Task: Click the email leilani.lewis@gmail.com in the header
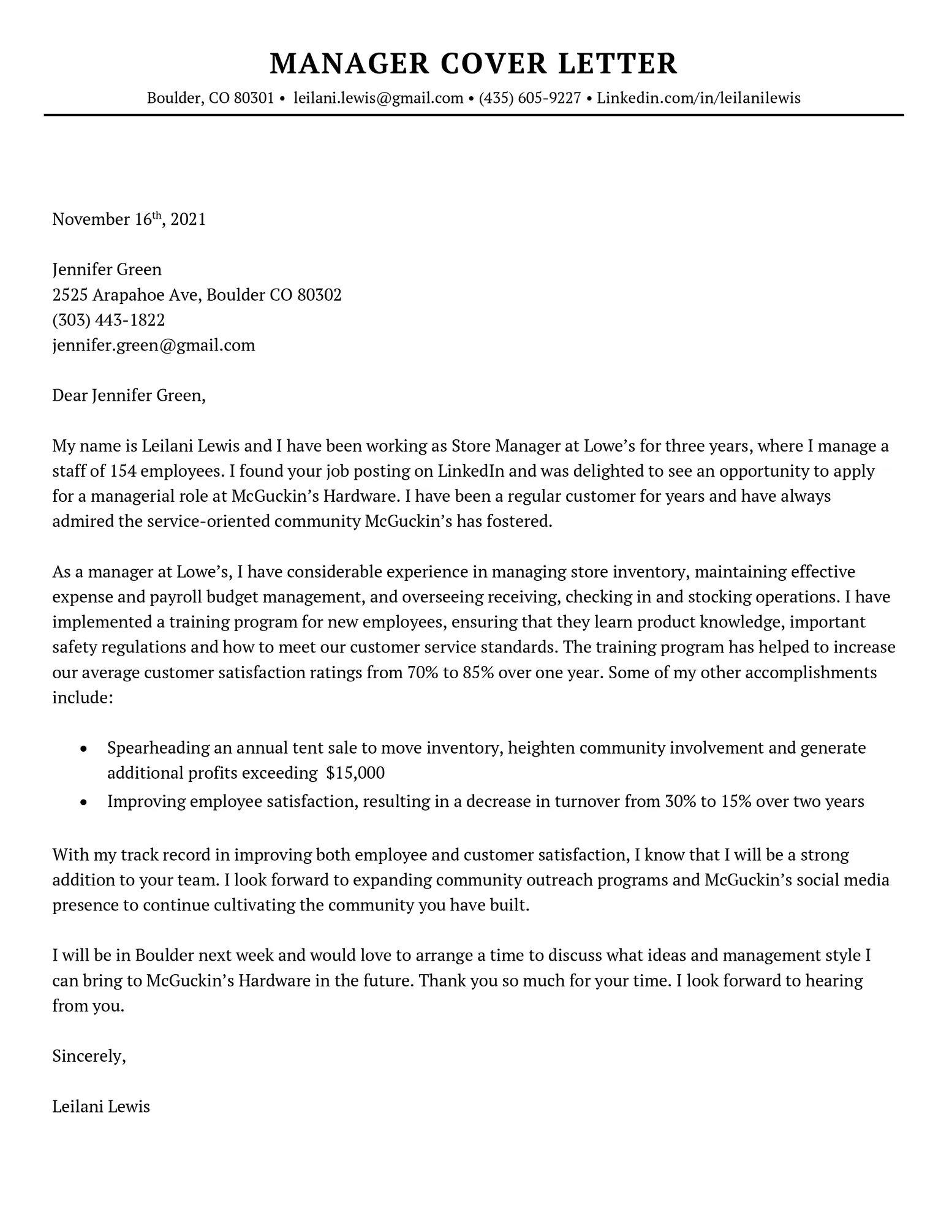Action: (378, 98)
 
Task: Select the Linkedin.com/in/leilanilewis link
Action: (698, 98)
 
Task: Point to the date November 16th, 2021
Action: (129, 219)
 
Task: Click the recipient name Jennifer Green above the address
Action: (107, 270)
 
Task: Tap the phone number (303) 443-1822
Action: (108, 320)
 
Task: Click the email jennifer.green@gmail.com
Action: (153, 346)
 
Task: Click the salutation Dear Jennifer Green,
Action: (129, 396)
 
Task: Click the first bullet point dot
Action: (84, 749)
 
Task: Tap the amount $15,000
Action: (355, 773)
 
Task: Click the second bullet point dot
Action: (84, 803)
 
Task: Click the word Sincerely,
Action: (89, 1056)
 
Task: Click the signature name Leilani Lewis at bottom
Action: (101, 1107)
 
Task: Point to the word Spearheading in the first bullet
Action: (157, 748)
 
